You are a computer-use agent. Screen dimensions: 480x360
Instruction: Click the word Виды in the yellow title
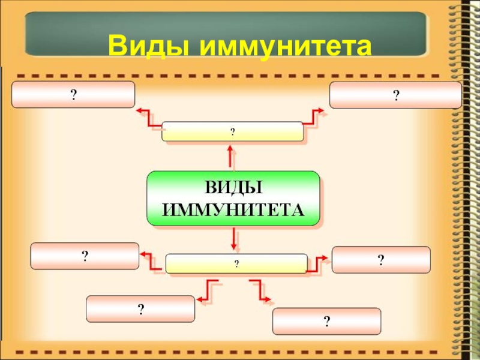[150, 46]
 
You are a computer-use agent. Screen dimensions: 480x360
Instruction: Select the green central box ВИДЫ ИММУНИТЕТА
[233, 198]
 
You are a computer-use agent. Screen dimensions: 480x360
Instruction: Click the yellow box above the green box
[232, 131]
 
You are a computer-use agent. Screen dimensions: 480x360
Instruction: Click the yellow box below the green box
[236, 263]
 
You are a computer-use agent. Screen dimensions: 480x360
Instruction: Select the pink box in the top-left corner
[73, 95]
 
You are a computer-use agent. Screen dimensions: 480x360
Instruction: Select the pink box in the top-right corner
[395, 95]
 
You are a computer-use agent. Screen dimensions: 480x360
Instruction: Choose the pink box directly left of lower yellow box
[85, 256]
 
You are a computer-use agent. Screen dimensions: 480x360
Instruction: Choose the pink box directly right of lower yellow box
[381, 259]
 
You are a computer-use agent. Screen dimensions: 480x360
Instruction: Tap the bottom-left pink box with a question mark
[140, 308]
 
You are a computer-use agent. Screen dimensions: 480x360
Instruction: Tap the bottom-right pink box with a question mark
[326, 321]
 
